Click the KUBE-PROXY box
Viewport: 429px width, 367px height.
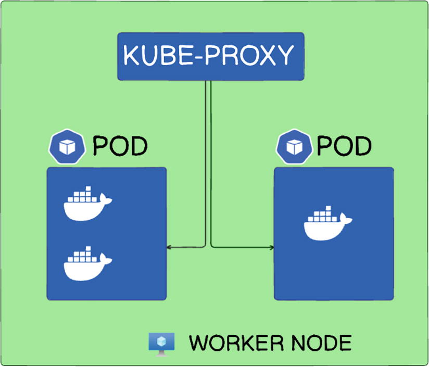(x=210, y=56)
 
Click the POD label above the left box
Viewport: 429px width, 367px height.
(x=120, y=146)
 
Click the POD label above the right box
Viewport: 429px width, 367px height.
(x=344, y=146)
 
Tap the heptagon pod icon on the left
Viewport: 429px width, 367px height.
(x=66, y=147)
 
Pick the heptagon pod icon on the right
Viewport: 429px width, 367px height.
(x=294, y=147)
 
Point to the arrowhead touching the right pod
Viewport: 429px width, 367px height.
(x=271, y=247)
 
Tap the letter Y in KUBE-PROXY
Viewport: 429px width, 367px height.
(x=284, y=56)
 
